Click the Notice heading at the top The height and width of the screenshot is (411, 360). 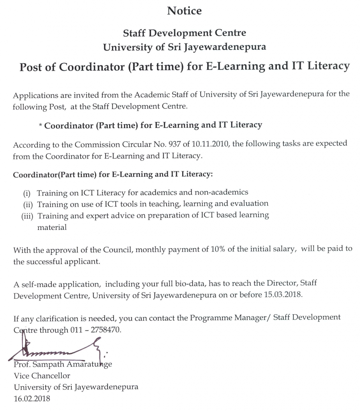(184, 11)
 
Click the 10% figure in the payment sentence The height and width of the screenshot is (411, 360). (216, 249)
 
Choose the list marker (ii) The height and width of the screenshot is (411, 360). (28, 204)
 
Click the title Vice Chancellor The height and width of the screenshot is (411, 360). (42, 376)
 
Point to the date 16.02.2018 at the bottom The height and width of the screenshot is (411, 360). (33, 399)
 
